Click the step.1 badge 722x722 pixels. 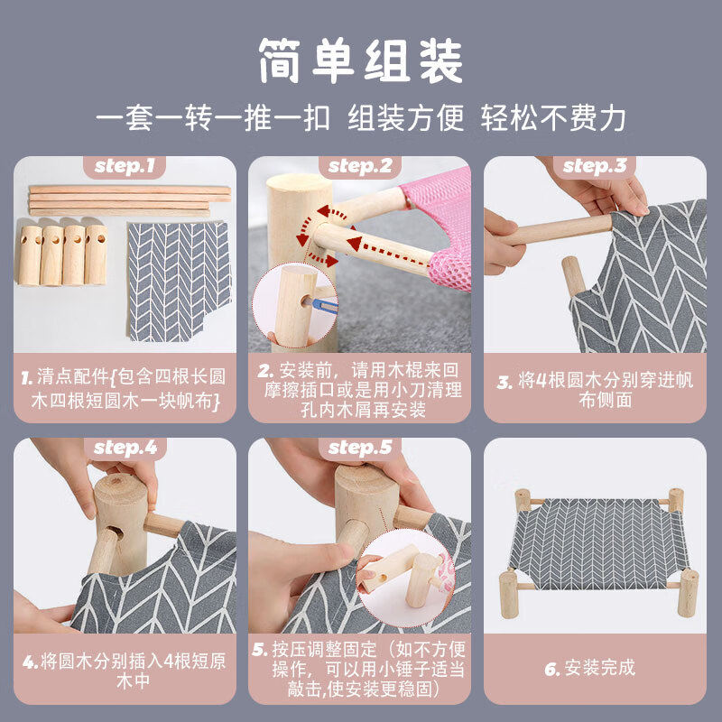pyautogui.click(x=125, y=166)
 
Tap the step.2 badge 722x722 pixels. pyautogui.click(x=360, y=166)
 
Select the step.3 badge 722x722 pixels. pyautogui.click(x=595, y=166)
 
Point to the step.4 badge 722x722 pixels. pyautogui.click(x=125, y=448)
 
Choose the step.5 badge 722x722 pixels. pyautogui.click(x=360, y=448)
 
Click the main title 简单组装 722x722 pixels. pyautogui.click(x=361, y=61)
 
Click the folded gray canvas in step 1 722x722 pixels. pyautogui.click(x=179, y=282)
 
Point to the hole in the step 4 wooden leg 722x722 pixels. pyautogui.click(x=116, y=532)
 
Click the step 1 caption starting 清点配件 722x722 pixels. pyautogui.click(x=125, y=388)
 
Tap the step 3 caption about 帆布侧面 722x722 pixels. pyautogui.click(x=595, y=390)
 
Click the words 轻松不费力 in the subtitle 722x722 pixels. pyautogui.click(x=553, y=119)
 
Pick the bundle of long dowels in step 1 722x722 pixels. pyautogui.click(x=129, y=200)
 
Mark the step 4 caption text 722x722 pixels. pyautogui.click(x=125, y=671)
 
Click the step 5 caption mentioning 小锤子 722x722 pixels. pyautogui.click(x=359, y=669)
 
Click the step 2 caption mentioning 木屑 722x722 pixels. pyautogui.click(x=359, y=390)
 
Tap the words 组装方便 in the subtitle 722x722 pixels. pyautogui.click(x=405, y=119)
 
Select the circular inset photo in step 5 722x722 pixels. pyautogui.click(x=405, y=579)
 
